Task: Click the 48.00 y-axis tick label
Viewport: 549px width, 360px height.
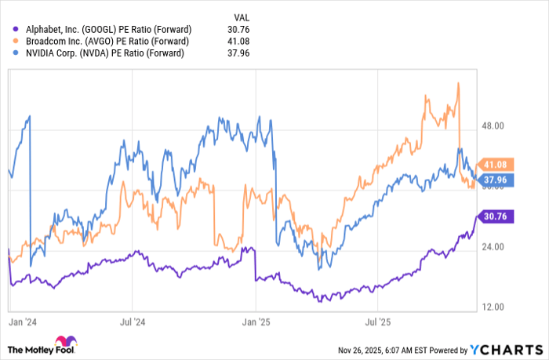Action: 496,125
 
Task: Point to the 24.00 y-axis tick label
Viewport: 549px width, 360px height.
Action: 496,247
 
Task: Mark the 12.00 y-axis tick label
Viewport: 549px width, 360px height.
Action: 496,307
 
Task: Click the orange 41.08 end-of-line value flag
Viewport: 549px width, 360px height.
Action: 498,165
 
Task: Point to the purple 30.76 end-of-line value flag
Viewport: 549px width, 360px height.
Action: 498,216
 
